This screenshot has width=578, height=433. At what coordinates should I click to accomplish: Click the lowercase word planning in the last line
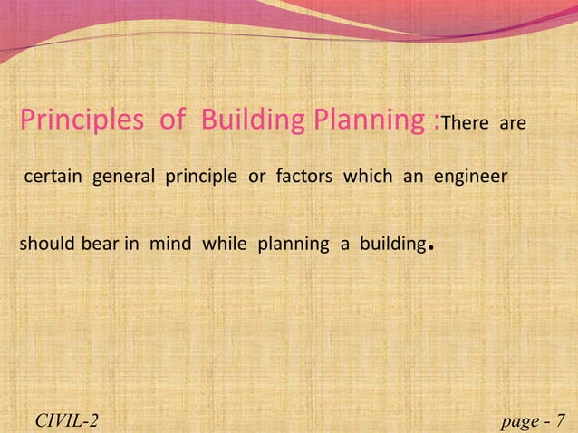tap(289, 245)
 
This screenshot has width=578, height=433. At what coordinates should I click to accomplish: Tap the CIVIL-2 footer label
tap(67, 419)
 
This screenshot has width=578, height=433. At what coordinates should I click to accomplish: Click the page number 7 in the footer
tap(559, 419)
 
